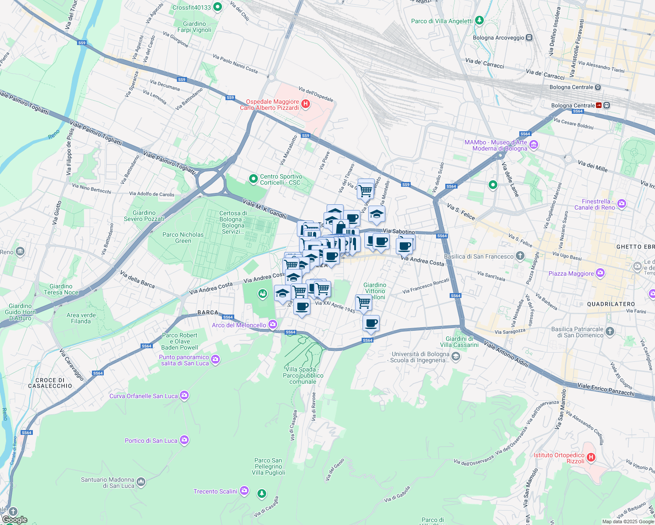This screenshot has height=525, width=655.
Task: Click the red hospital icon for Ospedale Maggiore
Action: point(306,104)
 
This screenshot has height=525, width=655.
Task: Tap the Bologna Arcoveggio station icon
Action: point(529,38)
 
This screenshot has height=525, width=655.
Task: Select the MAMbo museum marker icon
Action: point(533,145)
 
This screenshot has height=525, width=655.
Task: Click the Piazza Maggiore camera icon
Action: point(600,273)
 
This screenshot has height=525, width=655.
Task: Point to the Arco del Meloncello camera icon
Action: point(273,325)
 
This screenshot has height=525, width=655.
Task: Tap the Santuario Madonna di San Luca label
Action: point(107,483)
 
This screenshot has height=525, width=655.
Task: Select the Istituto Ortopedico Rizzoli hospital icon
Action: point(591,458)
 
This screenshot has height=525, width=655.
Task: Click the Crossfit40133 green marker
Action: point(218,7)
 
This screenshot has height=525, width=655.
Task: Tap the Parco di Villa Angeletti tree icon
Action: point(479,21)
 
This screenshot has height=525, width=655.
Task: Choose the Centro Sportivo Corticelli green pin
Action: point(253,178)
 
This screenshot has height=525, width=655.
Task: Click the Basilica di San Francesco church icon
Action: point(520,256)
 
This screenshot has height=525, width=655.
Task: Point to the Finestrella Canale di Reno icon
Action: point(621,204)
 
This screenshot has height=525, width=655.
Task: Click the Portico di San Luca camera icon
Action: point(184,440)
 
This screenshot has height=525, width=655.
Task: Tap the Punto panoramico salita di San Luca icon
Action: point(215,360)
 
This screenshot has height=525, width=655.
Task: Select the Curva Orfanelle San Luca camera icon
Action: point(184,396)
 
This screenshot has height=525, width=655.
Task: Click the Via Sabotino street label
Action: point(398,231)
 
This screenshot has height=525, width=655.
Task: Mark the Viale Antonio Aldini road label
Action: point(506,354)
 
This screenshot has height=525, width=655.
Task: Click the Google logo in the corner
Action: point(14,519)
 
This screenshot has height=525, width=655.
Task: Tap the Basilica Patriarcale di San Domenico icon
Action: point(610,332)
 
